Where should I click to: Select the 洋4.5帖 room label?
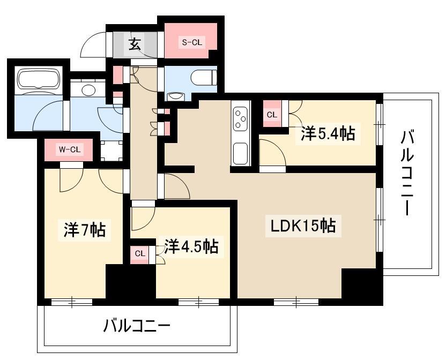[191, 247]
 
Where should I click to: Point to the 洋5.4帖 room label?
[328, 133]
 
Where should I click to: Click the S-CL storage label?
[191, 42]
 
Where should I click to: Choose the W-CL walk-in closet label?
[69, 150]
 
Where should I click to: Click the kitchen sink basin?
[240, 153]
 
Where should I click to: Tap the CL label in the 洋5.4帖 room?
[272, 115]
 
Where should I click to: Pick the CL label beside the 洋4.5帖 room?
[140, 253]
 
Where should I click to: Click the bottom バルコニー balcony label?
[137, 325]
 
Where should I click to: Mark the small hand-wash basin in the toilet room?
[175, 96]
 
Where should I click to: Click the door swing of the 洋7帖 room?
[70, 179]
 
